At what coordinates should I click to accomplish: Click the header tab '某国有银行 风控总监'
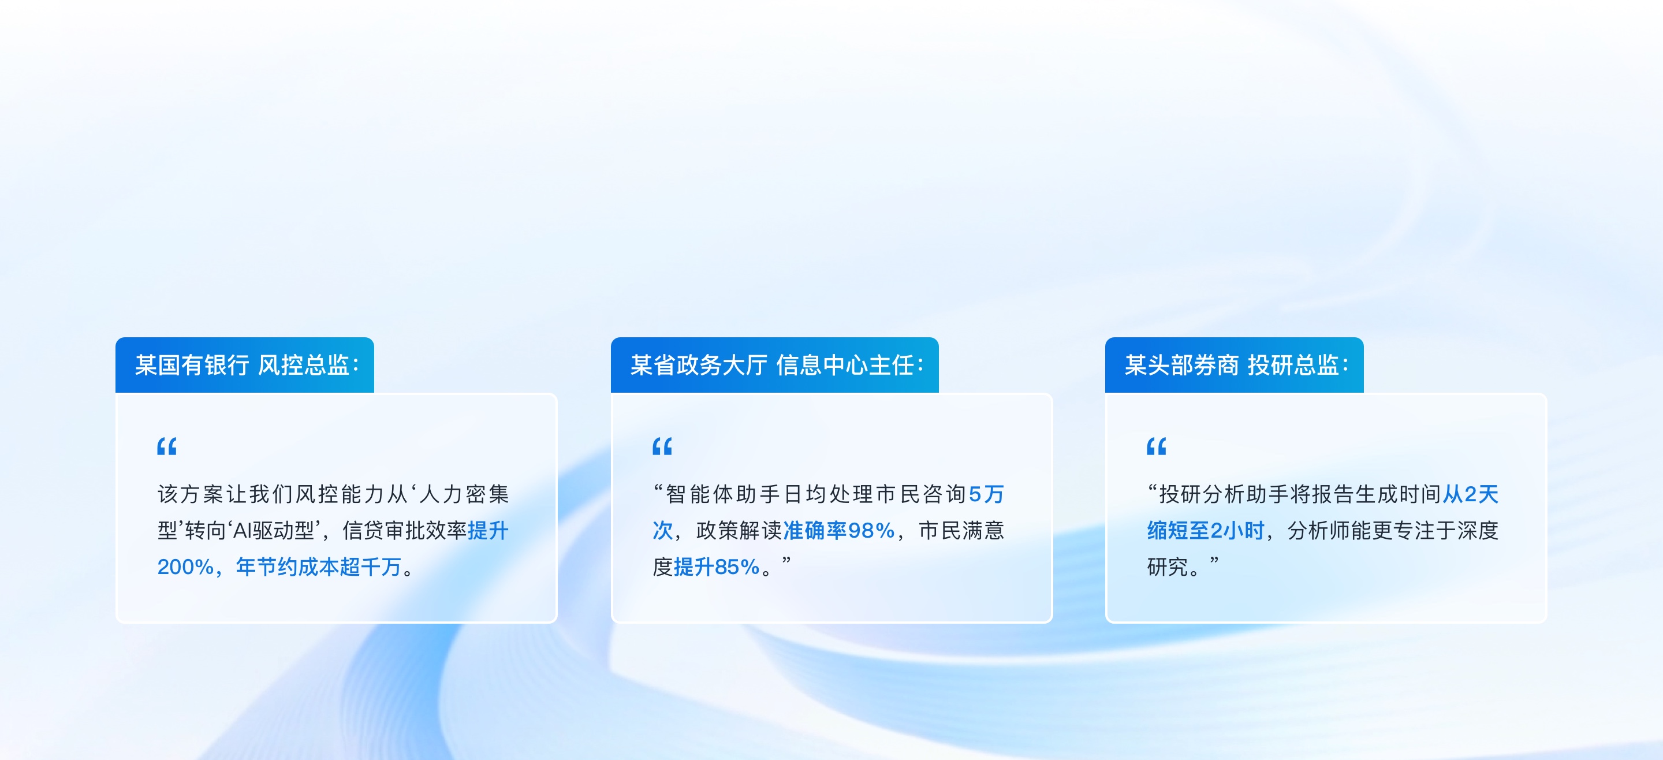click(245, 365)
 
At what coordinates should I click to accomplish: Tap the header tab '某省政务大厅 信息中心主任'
click(775, 365)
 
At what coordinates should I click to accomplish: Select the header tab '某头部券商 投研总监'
click(1235, 365)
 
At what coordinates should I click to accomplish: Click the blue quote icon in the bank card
click(166, 446)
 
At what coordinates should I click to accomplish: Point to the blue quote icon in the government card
click(662, 446)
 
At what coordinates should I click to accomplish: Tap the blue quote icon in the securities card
click(1156, 446)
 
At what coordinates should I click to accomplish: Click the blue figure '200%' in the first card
click(185, 567)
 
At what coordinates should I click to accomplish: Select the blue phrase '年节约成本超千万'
click(318, 567)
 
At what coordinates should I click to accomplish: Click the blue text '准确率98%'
click(838, 531)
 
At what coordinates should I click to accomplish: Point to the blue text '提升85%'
click(717, 567)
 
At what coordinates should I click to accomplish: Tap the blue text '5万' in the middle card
click(986, 494)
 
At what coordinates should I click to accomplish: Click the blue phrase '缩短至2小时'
click(1205, 531)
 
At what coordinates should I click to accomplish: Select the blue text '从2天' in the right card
click(1471, 494)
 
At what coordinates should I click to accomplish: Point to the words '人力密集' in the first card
click(464, 494)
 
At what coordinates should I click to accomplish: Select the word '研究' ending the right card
click(1167, 567)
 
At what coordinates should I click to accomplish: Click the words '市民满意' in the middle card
click(961, 531)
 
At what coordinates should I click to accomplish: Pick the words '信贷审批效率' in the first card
click(404, 531)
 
